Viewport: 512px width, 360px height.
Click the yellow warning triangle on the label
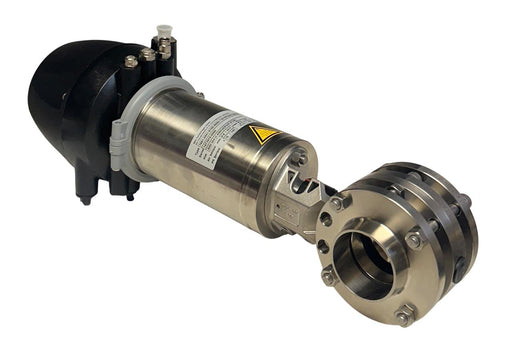(264, 134)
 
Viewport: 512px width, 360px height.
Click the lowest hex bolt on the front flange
(404, 315)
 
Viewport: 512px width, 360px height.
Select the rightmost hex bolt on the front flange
(413, 240)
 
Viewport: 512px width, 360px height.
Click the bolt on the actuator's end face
(299, 156)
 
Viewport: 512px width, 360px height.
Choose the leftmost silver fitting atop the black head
(130, 61)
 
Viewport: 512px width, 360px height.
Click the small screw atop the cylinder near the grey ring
(199, 95)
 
